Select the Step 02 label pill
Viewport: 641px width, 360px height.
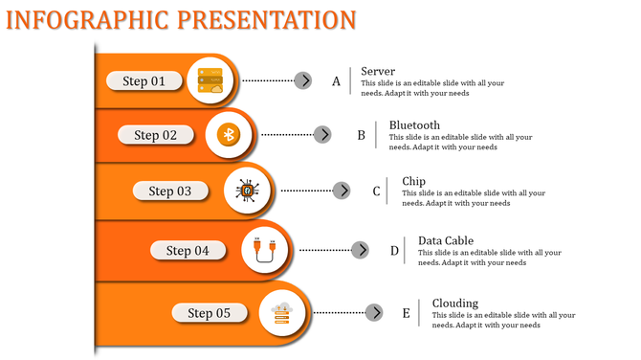(x=156, y=136)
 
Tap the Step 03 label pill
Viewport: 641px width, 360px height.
(x=169, y=191)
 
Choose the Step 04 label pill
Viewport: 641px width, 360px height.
(x=188, y=251)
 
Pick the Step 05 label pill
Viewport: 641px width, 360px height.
(x=209, y=313)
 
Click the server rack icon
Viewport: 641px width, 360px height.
(x=209, y=80)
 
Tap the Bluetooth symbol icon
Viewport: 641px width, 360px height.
(x=229, y=135)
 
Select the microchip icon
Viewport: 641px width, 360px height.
(x=247, y=191)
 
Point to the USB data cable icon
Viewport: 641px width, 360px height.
(x=265, y=250)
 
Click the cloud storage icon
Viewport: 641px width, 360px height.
(x=282, y=312)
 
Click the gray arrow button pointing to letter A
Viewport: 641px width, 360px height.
(x=303, y=80)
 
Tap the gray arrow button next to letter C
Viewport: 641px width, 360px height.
(x=342, y=191)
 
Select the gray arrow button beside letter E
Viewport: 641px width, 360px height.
(x=375, y=313)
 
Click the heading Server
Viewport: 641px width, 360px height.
(x=378, y=71)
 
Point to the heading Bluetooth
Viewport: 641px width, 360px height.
(x=414, y=125)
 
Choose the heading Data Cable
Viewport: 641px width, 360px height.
(x=446, y=240)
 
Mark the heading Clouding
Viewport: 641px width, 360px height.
(x=455, y=303)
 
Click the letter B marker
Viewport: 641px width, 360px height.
(x=362, y=136)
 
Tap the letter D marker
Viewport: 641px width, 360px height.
(x=394, y=251)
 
